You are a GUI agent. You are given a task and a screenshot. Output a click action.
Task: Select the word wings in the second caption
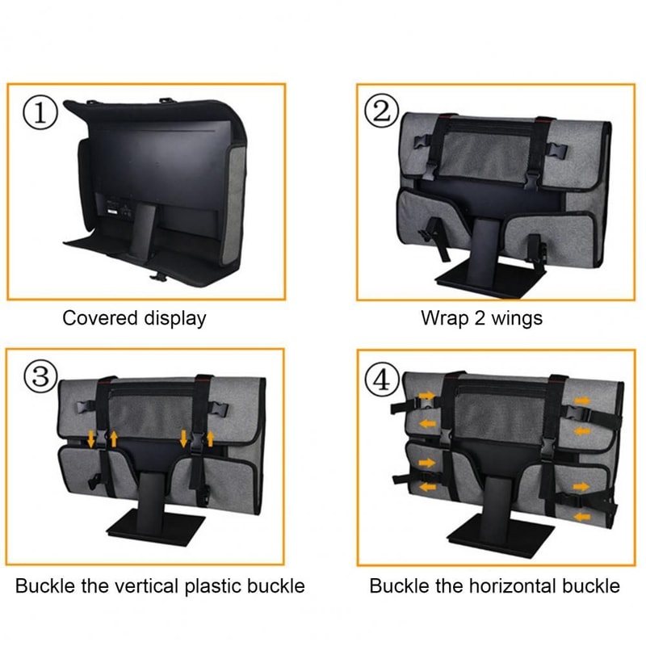(515, 318)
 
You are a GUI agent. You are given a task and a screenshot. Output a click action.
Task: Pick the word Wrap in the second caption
(440, 318)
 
